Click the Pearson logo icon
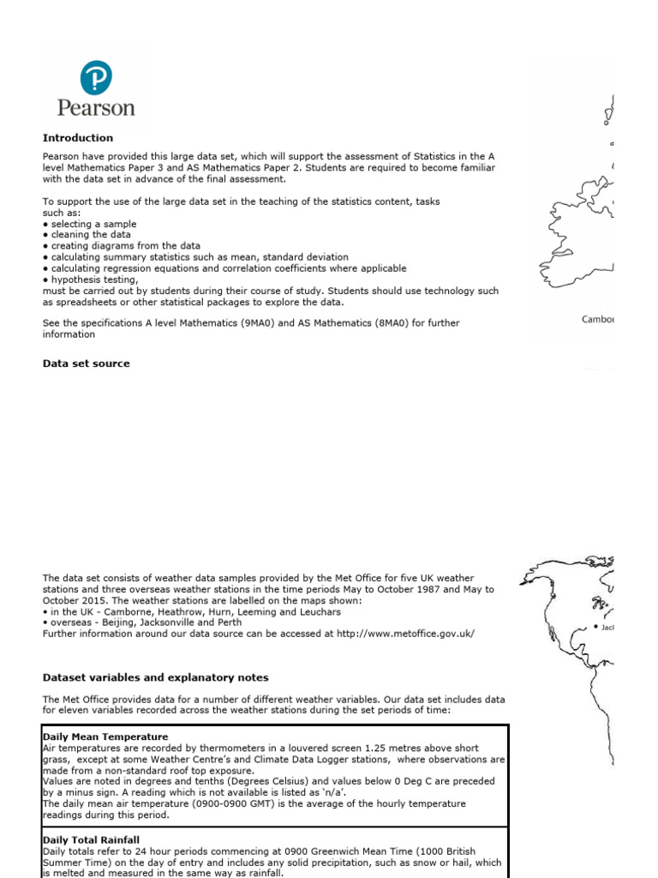tap(95, 78)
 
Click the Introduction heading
tap(78, 138)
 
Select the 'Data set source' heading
tap(87, 364)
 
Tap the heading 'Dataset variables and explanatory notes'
tap(156, 677)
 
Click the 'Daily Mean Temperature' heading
tap(105, 737)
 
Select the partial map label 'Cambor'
tap(598, 320)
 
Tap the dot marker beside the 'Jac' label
tap(595, 628)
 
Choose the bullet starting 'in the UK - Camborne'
tap(192, 612)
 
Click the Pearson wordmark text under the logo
tap(96, 109)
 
